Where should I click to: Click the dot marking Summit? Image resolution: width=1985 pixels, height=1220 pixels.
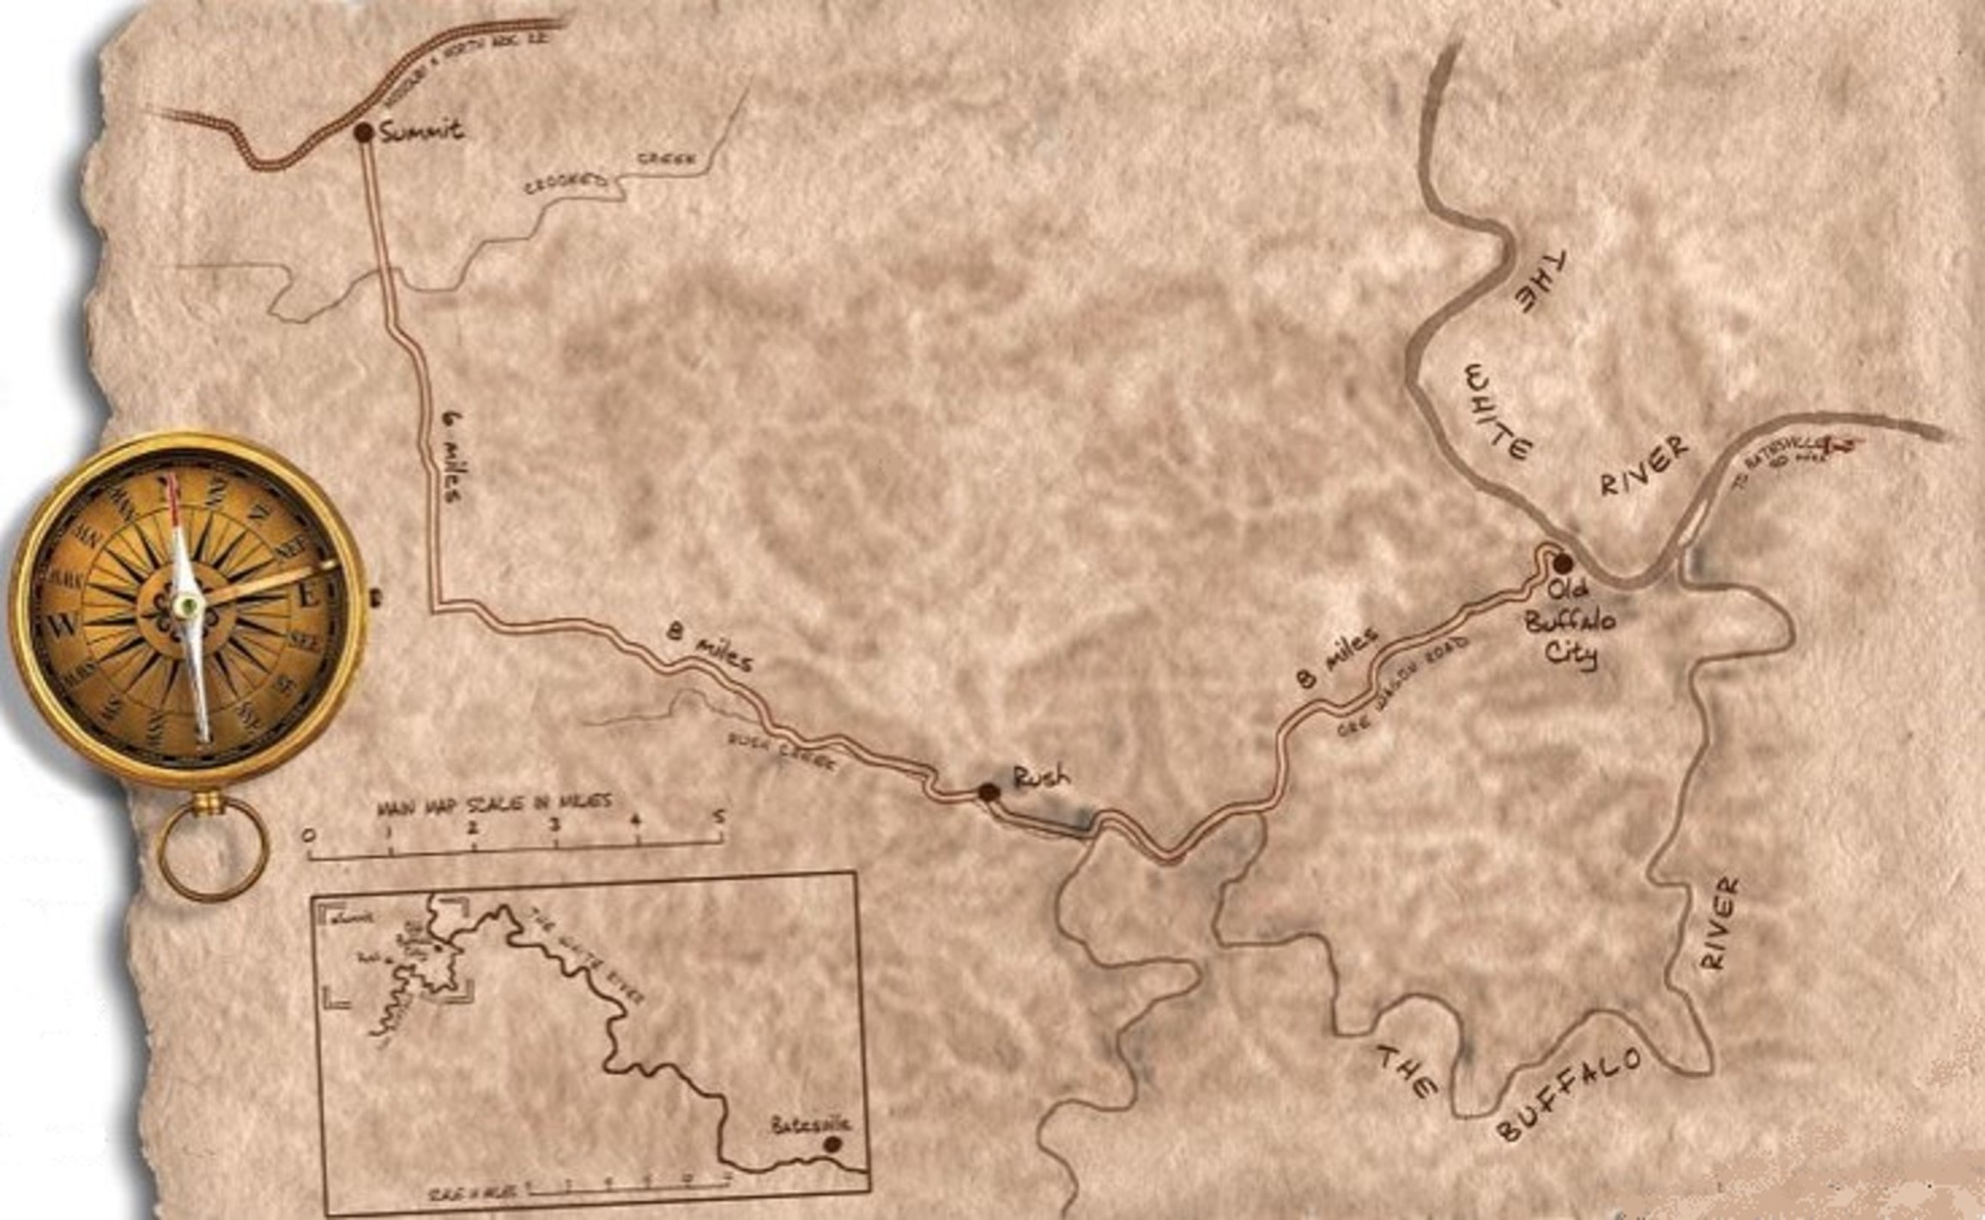click(363, 132)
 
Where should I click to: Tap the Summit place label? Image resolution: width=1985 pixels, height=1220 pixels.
click(421, 131)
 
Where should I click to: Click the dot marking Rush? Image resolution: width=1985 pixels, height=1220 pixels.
click(989, 792)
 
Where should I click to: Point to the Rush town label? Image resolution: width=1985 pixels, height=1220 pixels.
click(1042, 777)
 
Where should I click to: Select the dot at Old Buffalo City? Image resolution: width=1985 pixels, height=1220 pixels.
click(1563, 563)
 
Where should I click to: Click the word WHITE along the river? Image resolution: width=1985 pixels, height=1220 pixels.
click(1498, 412)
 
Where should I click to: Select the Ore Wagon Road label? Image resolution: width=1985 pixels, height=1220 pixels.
click(1404, 688)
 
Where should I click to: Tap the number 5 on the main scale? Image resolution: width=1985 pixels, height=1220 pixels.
click(719, 816)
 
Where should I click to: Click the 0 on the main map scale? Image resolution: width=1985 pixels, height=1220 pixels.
click(309, 835)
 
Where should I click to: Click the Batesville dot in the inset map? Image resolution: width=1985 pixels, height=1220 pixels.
click(831, 1144)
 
